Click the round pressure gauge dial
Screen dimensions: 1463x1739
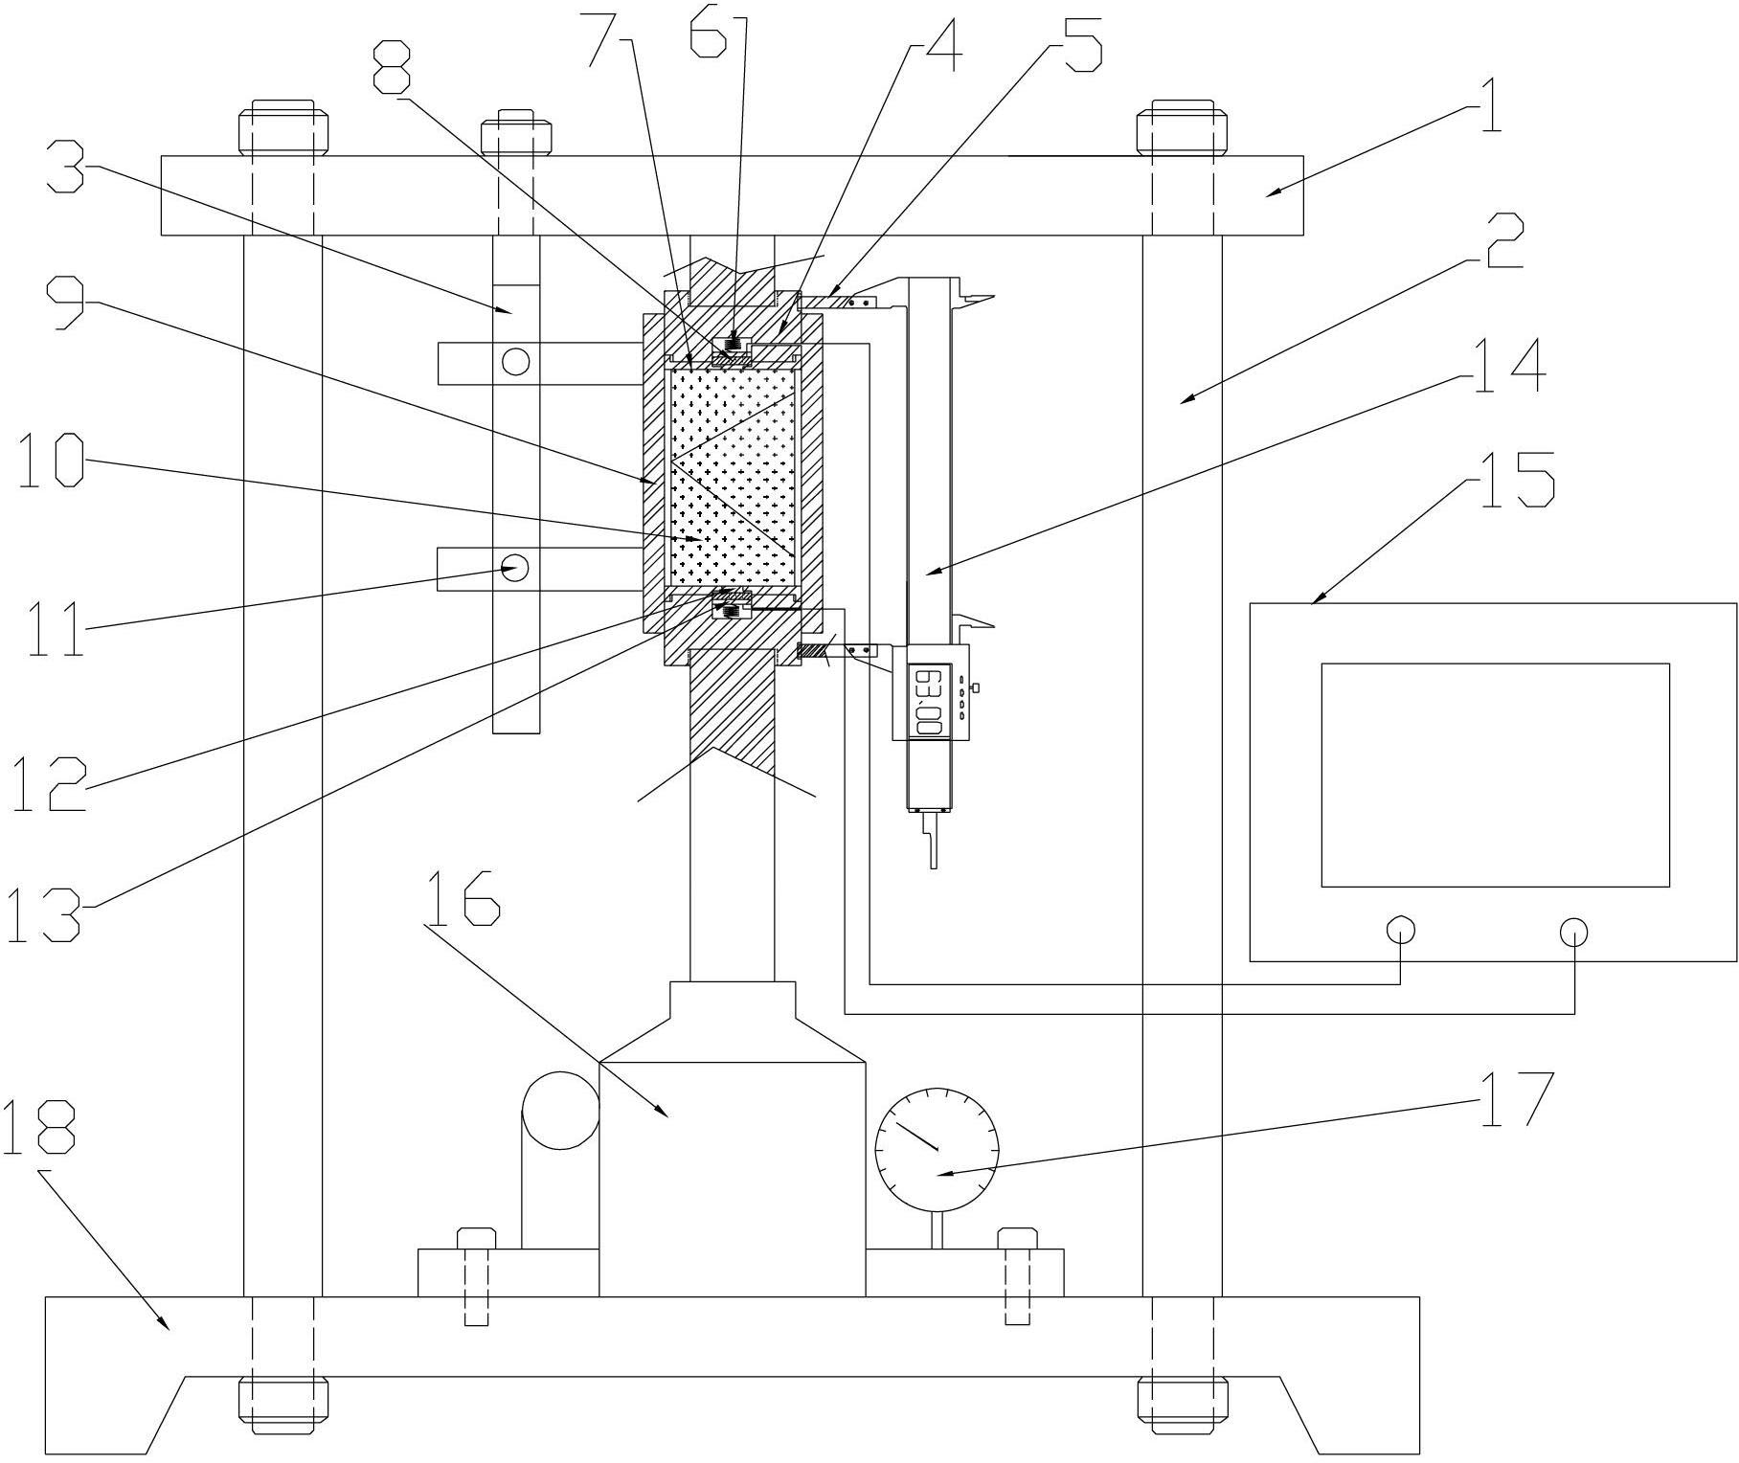937,1148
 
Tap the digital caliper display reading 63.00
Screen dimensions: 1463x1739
928,702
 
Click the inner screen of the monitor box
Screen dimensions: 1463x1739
1495,775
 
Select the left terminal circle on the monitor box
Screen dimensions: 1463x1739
1400,930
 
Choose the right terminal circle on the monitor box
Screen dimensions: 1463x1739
1573,930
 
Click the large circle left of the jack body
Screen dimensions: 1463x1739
560,1110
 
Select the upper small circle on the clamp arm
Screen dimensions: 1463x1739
515,361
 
